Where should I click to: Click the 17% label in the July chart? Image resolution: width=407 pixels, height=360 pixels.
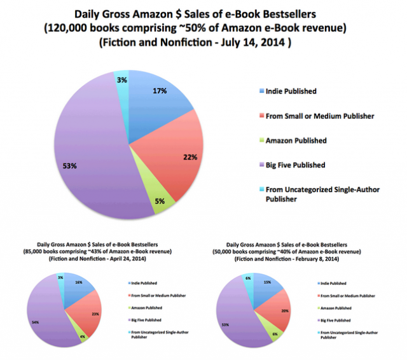160,92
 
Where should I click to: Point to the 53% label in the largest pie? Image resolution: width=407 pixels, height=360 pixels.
69,166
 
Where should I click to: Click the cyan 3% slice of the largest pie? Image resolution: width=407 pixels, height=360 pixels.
121,78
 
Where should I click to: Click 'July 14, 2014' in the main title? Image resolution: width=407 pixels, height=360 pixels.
260,43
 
